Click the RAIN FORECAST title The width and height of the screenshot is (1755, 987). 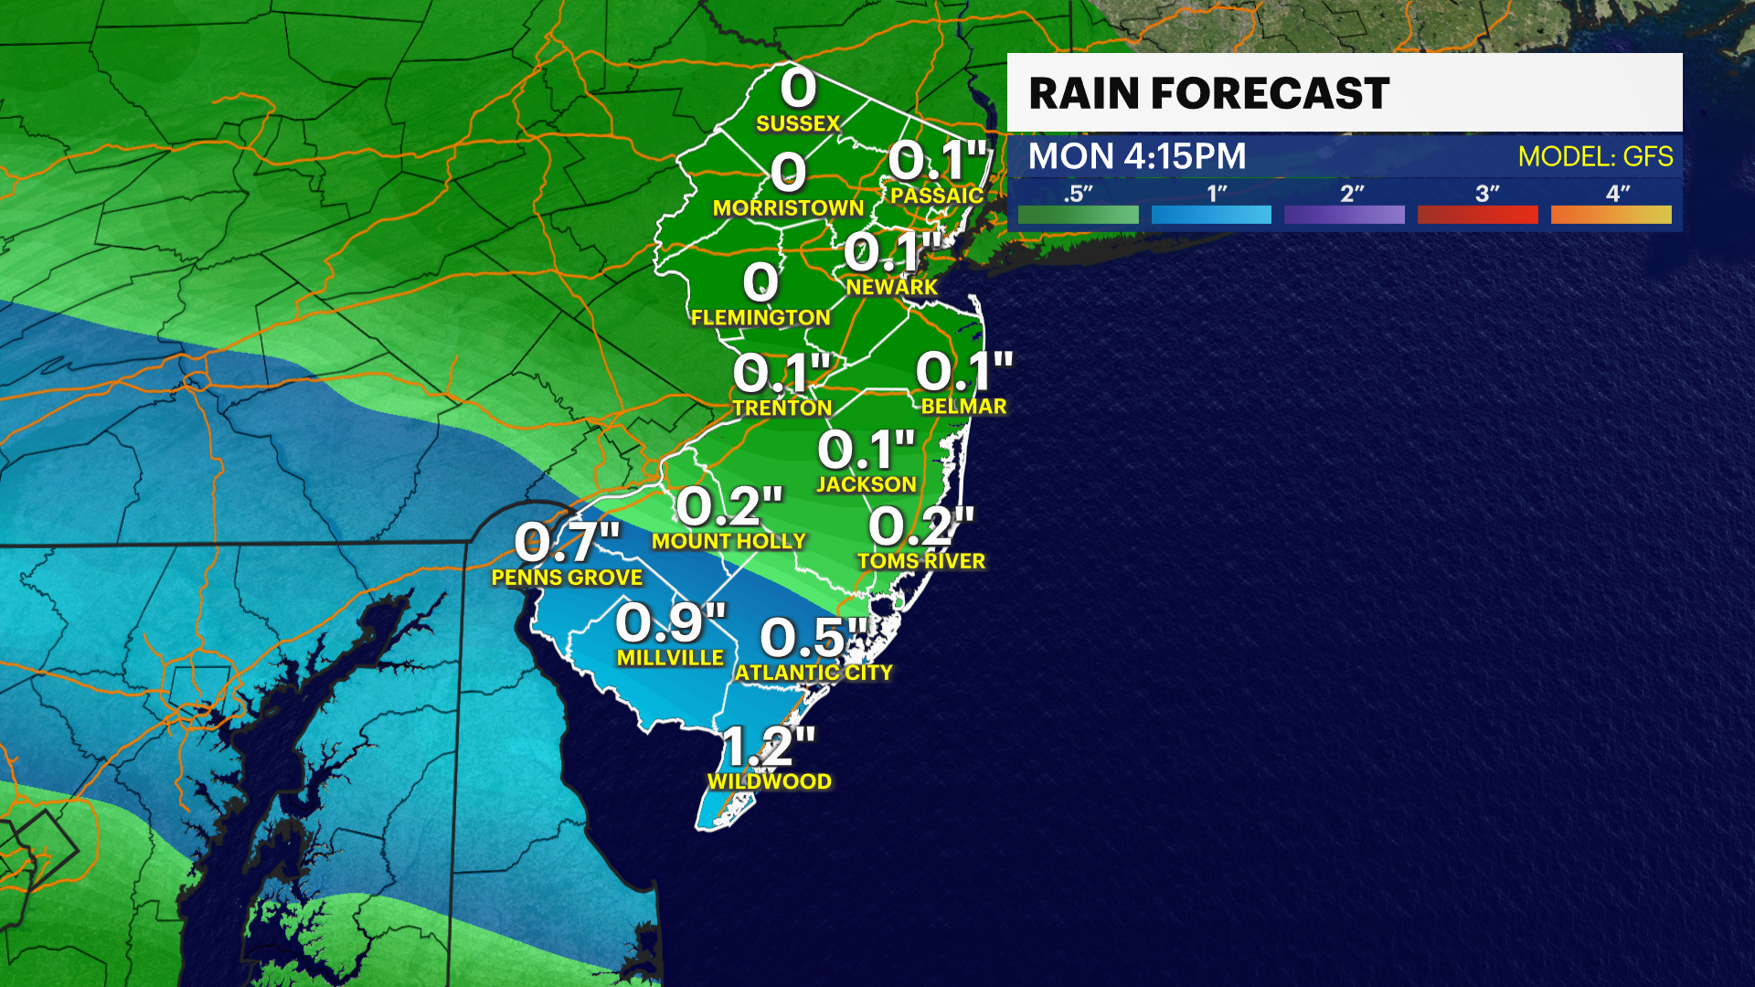pyautogui.click(x=1208, y=93)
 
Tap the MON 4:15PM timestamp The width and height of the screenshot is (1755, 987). pyautogui.click(x=1136, y=156)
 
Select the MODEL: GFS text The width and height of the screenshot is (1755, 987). pyautogui.click(x=1595, y=156)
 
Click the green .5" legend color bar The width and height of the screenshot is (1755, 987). pyautogui.click(x=1078, y=215)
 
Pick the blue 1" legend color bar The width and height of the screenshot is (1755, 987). pyautogui.click(x=1211, y=215)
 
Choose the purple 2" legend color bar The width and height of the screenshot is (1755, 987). pyautogui.click(x=1344, y=215)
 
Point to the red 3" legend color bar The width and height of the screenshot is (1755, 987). pyautogui.click(x=1477, y=215)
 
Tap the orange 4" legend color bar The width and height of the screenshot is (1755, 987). pyautogui.click(x=1611, y=215)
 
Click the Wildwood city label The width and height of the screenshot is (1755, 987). pyautogui.click(x=770, y=781)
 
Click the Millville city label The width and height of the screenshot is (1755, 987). pyautogui.click(x=670, y=658)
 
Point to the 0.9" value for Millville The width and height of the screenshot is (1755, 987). pyautogui.click(x=670, y=623)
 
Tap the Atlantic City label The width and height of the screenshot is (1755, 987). pyautogui.click(x=814, y=673)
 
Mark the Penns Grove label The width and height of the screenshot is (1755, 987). pyautogui.click(x=567, y=578)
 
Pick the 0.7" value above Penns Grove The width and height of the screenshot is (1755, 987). pyautogui.click(x=567, y=543)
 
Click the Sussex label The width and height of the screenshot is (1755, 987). pyautogui.click(x=798, y=123)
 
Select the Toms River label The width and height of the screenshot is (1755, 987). pyautogui.click(x=921, y=561)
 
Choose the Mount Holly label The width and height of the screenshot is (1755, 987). pyautogui.click(x=729, y=541)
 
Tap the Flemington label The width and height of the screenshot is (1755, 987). pyautogui.click(x=760, y=317)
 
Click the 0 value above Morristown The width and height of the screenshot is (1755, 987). pyautogui.click(x=788, y=173)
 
